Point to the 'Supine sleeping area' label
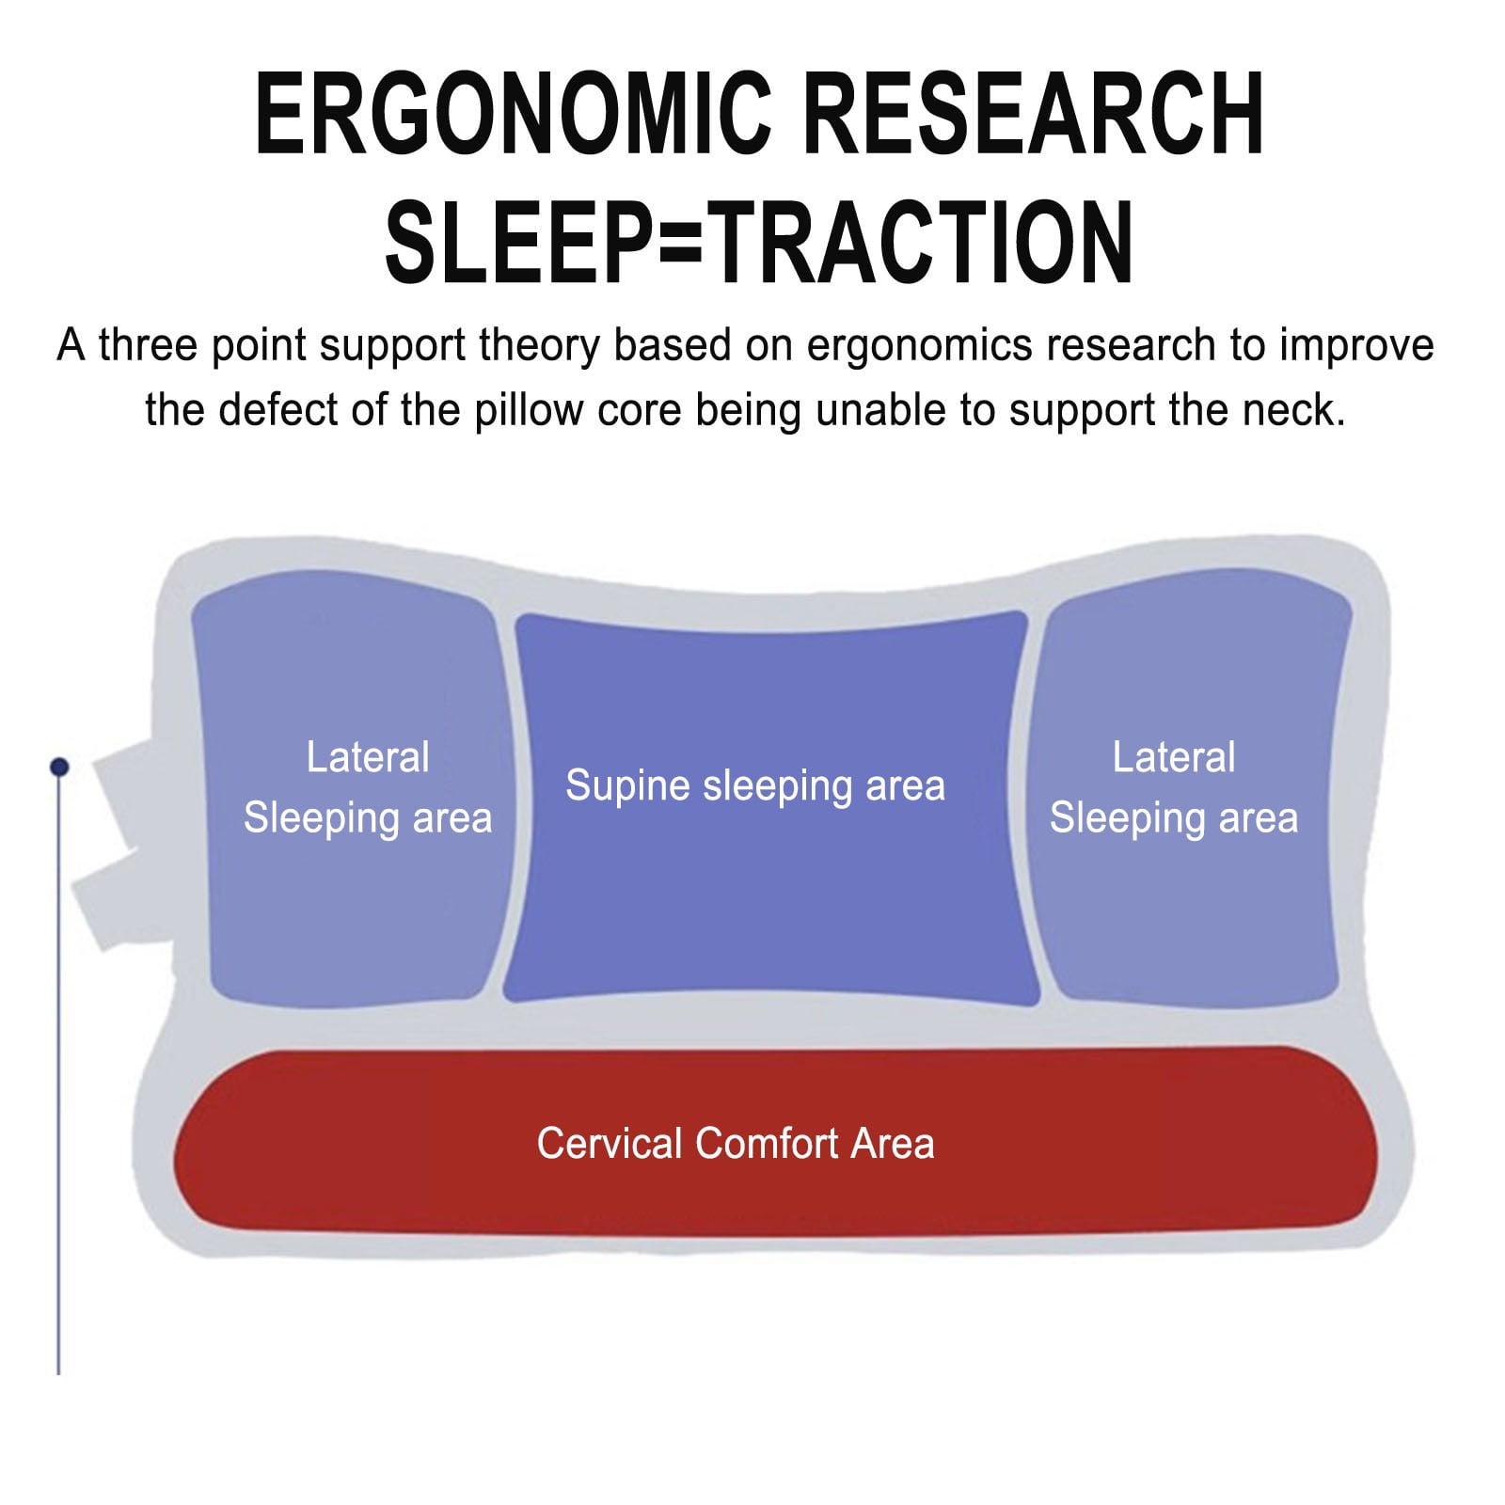click(755, 786)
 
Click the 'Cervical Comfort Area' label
click(736, 1144)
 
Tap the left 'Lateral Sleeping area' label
click(368, 787)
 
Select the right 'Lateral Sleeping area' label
click(1174, 787)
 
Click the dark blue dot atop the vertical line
click(59, 768)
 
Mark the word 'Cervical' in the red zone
click(610, 1144)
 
